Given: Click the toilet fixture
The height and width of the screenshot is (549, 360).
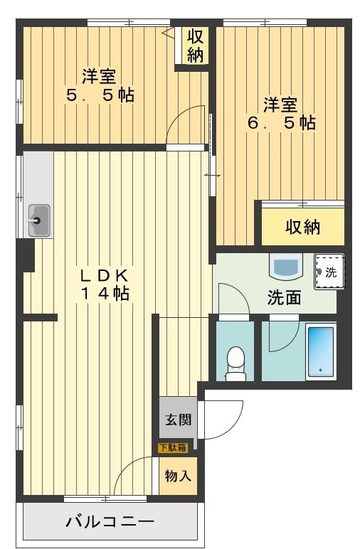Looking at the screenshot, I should pos(234,363).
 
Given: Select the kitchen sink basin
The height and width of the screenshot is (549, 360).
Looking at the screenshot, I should pos(38,220).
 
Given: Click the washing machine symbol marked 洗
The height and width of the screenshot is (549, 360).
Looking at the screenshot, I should pos(329,272).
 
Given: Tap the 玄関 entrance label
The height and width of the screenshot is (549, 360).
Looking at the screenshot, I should pos(179,420).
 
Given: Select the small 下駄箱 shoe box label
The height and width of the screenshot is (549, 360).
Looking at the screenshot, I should pos(173,447).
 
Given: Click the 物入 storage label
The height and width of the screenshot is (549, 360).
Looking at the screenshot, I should pos(178,475).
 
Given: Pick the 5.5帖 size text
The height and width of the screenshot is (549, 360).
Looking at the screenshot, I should pos(100,95).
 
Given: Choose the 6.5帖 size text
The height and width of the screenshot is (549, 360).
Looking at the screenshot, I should pos(281,122).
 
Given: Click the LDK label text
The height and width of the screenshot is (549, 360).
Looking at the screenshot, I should pos(102,274).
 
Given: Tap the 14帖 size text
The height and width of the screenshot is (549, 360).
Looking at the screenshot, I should pos(103,293).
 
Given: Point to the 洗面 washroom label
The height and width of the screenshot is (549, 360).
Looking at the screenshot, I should pos(284,298).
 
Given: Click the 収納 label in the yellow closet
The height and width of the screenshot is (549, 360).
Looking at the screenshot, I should pos(303,227).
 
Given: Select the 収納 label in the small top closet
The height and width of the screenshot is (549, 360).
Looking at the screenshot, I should pos(195,45).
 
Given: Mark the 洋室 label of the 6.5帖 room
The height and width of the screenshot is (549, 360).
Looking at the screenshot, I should pos(281,104).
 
